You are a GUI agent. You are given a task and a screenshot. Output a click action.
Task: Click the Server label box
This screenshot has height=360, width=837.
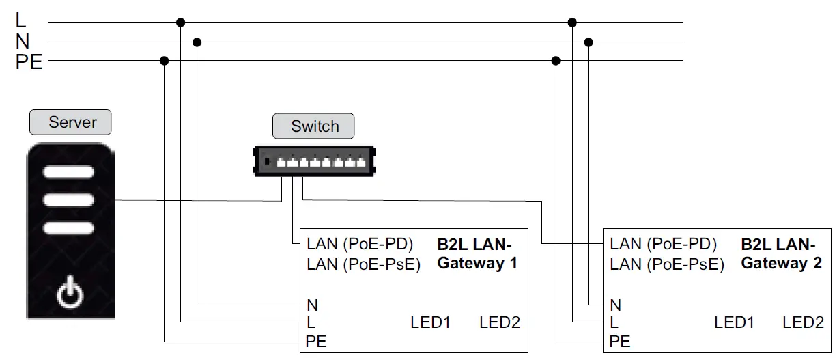point(70,123)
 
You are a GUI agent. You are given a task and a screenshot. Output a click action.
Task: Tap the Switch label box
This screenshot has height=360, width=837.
point(314,126)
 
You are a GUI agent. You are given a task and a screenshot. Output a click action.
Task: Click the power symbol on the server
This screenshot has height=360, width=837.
point(70,294)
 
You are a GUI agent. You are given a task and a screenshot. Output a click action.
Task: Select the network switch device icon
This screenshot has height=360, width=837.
point(315,163)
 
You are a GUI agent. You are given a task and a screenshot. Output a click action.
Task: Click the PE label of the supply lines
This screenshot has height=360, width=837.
point(29,63)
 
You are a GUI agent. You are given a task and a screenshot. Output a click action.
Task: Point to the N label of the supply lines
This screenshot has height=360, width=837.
point(22,42)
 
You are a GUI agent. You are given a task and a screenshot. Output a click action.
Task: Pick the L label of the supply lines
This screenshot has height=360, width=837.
point(20,21)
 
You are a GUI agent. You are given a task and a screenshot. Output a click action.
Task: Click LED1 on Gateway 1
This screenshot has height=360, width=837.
point(431,322)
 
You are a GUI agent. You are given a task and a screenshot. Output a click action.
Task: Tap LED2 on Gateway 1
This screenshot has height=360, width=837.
point(500,322)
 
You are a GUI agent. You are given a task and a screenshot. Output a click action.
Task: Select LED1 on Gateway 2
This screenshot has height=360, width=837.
point(735,322)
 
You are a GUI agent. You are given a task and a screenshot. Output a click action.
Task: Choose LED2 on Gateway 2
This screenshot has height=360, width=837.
point(804,322)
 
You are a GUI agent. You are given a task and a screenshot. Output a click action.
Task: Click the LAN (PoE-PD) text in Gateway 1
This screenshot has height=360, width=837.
point(359,245)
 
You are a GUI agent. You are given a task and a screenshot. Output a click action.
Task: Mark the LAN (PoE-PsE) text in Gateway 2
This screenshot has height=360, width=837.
point(667,264)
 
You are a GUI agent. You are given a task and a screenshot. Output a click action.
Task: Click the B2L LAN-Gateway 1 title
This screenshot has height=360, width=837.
point(477,253)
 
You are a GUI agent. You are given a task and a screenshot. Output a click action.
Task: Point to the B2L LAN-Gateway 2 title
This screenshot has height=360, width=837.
point(781,253)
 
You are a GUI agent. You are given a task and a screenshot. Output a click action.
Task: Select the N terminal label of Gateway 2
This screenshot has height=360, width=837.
point(616,305)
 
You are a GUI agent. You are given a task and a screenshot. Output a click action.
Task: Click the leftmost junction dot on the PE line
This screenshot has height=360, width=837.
point(165,61)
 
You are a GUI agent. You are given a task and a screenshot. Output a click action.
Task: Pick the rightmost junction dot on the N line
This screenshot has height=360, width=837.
point(589,42)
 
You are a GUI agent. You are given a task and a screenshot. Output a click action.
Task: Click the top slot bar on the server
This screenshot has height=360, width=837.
point(69,172)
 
